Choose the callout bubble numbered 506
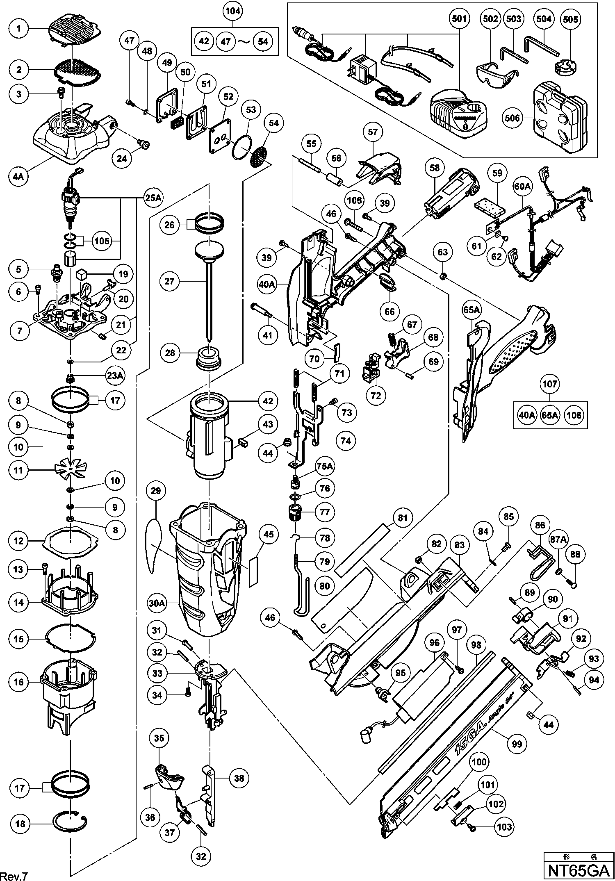(512, 118)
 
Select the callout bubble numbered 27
(170, 281)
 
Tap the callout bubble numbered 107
(550, 384)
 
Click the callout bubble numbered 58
(435, 168)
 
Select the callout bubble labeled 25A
(153, 198)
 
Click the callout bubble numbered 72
(376, 395)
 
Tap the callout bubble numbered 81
(403, 518)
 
